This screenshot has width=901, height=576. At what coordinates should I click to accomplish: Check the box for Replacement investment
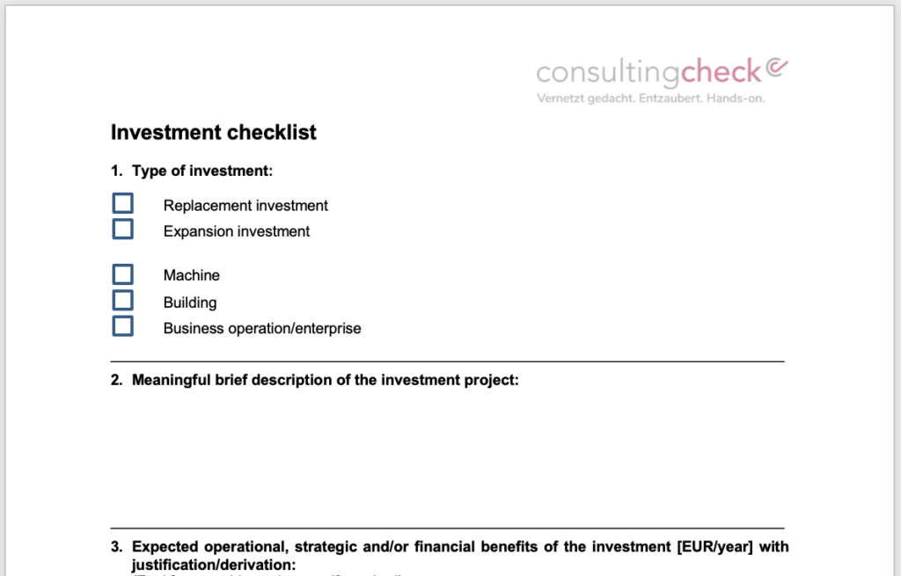123,204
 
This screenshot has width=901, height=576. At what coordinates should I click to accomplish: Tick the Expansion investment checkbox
123,230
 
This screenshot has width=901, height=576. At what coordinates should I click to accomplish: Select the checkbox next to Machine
123,274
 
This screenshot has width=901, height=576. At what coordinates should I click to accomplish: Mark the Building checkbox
123,301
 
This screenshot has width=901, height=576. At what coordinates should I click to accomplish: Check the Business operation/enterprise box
123,326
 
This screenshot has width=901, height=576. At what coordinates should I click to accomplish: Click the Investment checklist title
213,133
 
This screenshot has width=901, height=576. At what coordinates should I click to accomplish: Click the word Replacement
205,206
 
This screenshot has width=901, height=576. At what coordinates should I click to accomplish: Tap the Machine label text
192,276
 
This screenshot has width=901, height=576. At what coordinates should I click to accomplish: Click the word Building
190,303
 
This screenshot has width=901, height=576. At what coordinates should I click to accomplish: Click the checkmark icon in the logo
777,67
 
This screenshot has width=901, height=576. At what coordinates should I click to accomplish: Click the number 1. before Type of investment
116,171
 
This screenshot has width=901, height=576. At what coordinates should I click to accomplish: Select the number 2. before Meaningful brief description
116,381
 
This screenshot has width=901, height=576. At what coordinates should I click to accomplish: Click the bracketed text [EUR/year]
717,547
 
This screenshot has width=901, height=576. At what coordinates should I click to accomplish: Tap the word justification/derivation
214,565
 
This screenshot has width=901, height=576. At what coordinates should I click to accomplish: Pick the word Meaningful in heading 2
171,381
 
